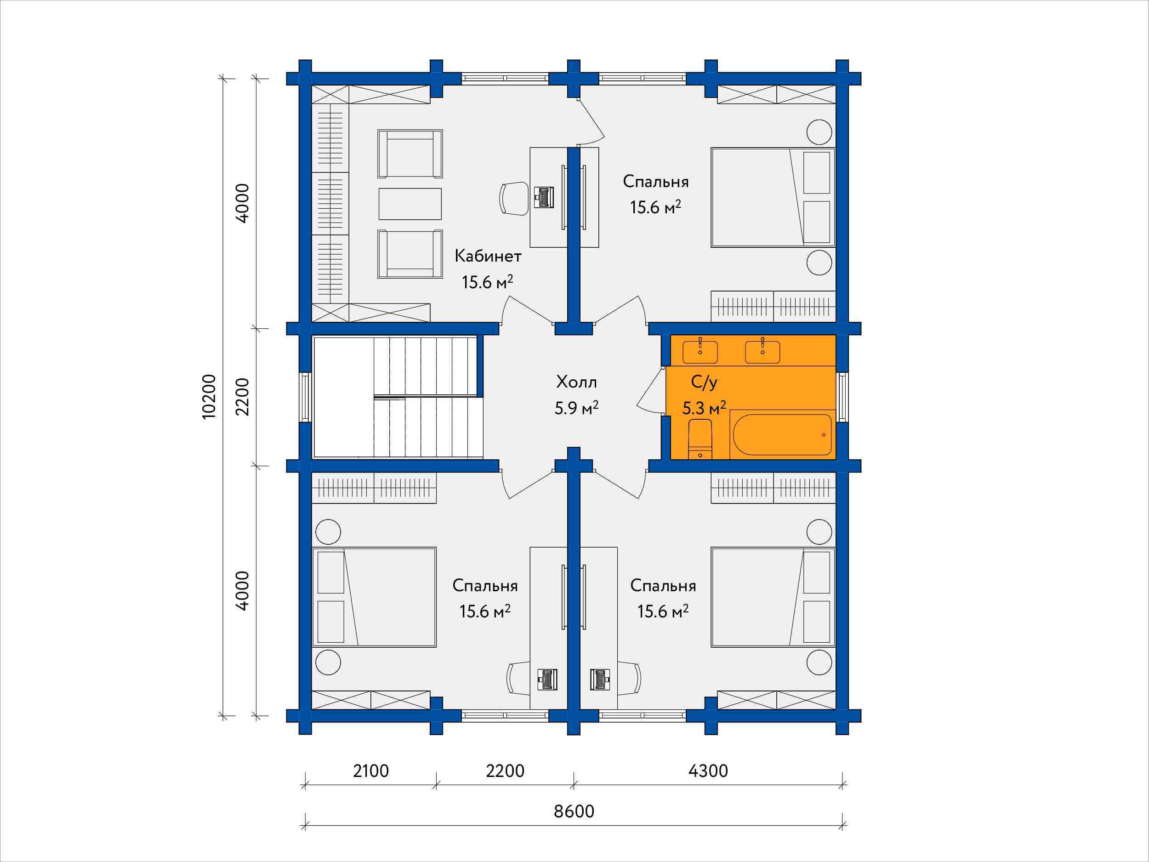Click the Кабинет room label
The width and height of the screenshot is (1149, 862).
click(x=488, y=256)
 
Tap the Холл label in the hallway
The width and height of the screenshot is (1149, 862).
click(x=577, y=383)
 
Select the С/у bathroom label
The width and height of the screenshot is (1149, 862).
click(x=705, y=383)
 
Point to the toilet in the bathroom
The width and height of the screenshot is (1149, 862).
click(x=700, y=440)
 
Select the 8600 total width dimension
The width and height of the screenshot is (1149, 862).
click(x=574, y=811)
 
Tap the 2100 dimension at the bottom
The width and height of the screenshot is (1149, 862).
click(x=371, y=771)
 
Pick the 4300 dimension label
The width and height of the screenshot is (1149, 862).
click(x=708, y=771)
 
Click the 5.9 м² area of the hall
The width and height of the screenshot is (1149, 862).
click(x=577, y=408)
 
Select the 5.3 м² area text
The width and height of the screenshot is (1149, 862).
click(x=704, y=408)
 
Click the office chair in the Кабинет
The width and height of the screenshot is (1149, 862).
click(x=514, y=199)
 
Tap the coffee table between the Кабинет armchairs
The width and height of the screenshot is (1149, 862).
click(x=410, y=204)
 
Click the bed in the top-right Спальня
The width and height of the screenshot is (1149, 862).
click(x=773, y=197)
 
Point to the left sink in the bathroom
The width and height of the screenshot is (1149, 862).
click(x=700, y=351)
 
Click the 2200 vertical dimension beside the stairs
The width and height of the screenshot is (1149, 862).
click(x=243, y=397)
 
